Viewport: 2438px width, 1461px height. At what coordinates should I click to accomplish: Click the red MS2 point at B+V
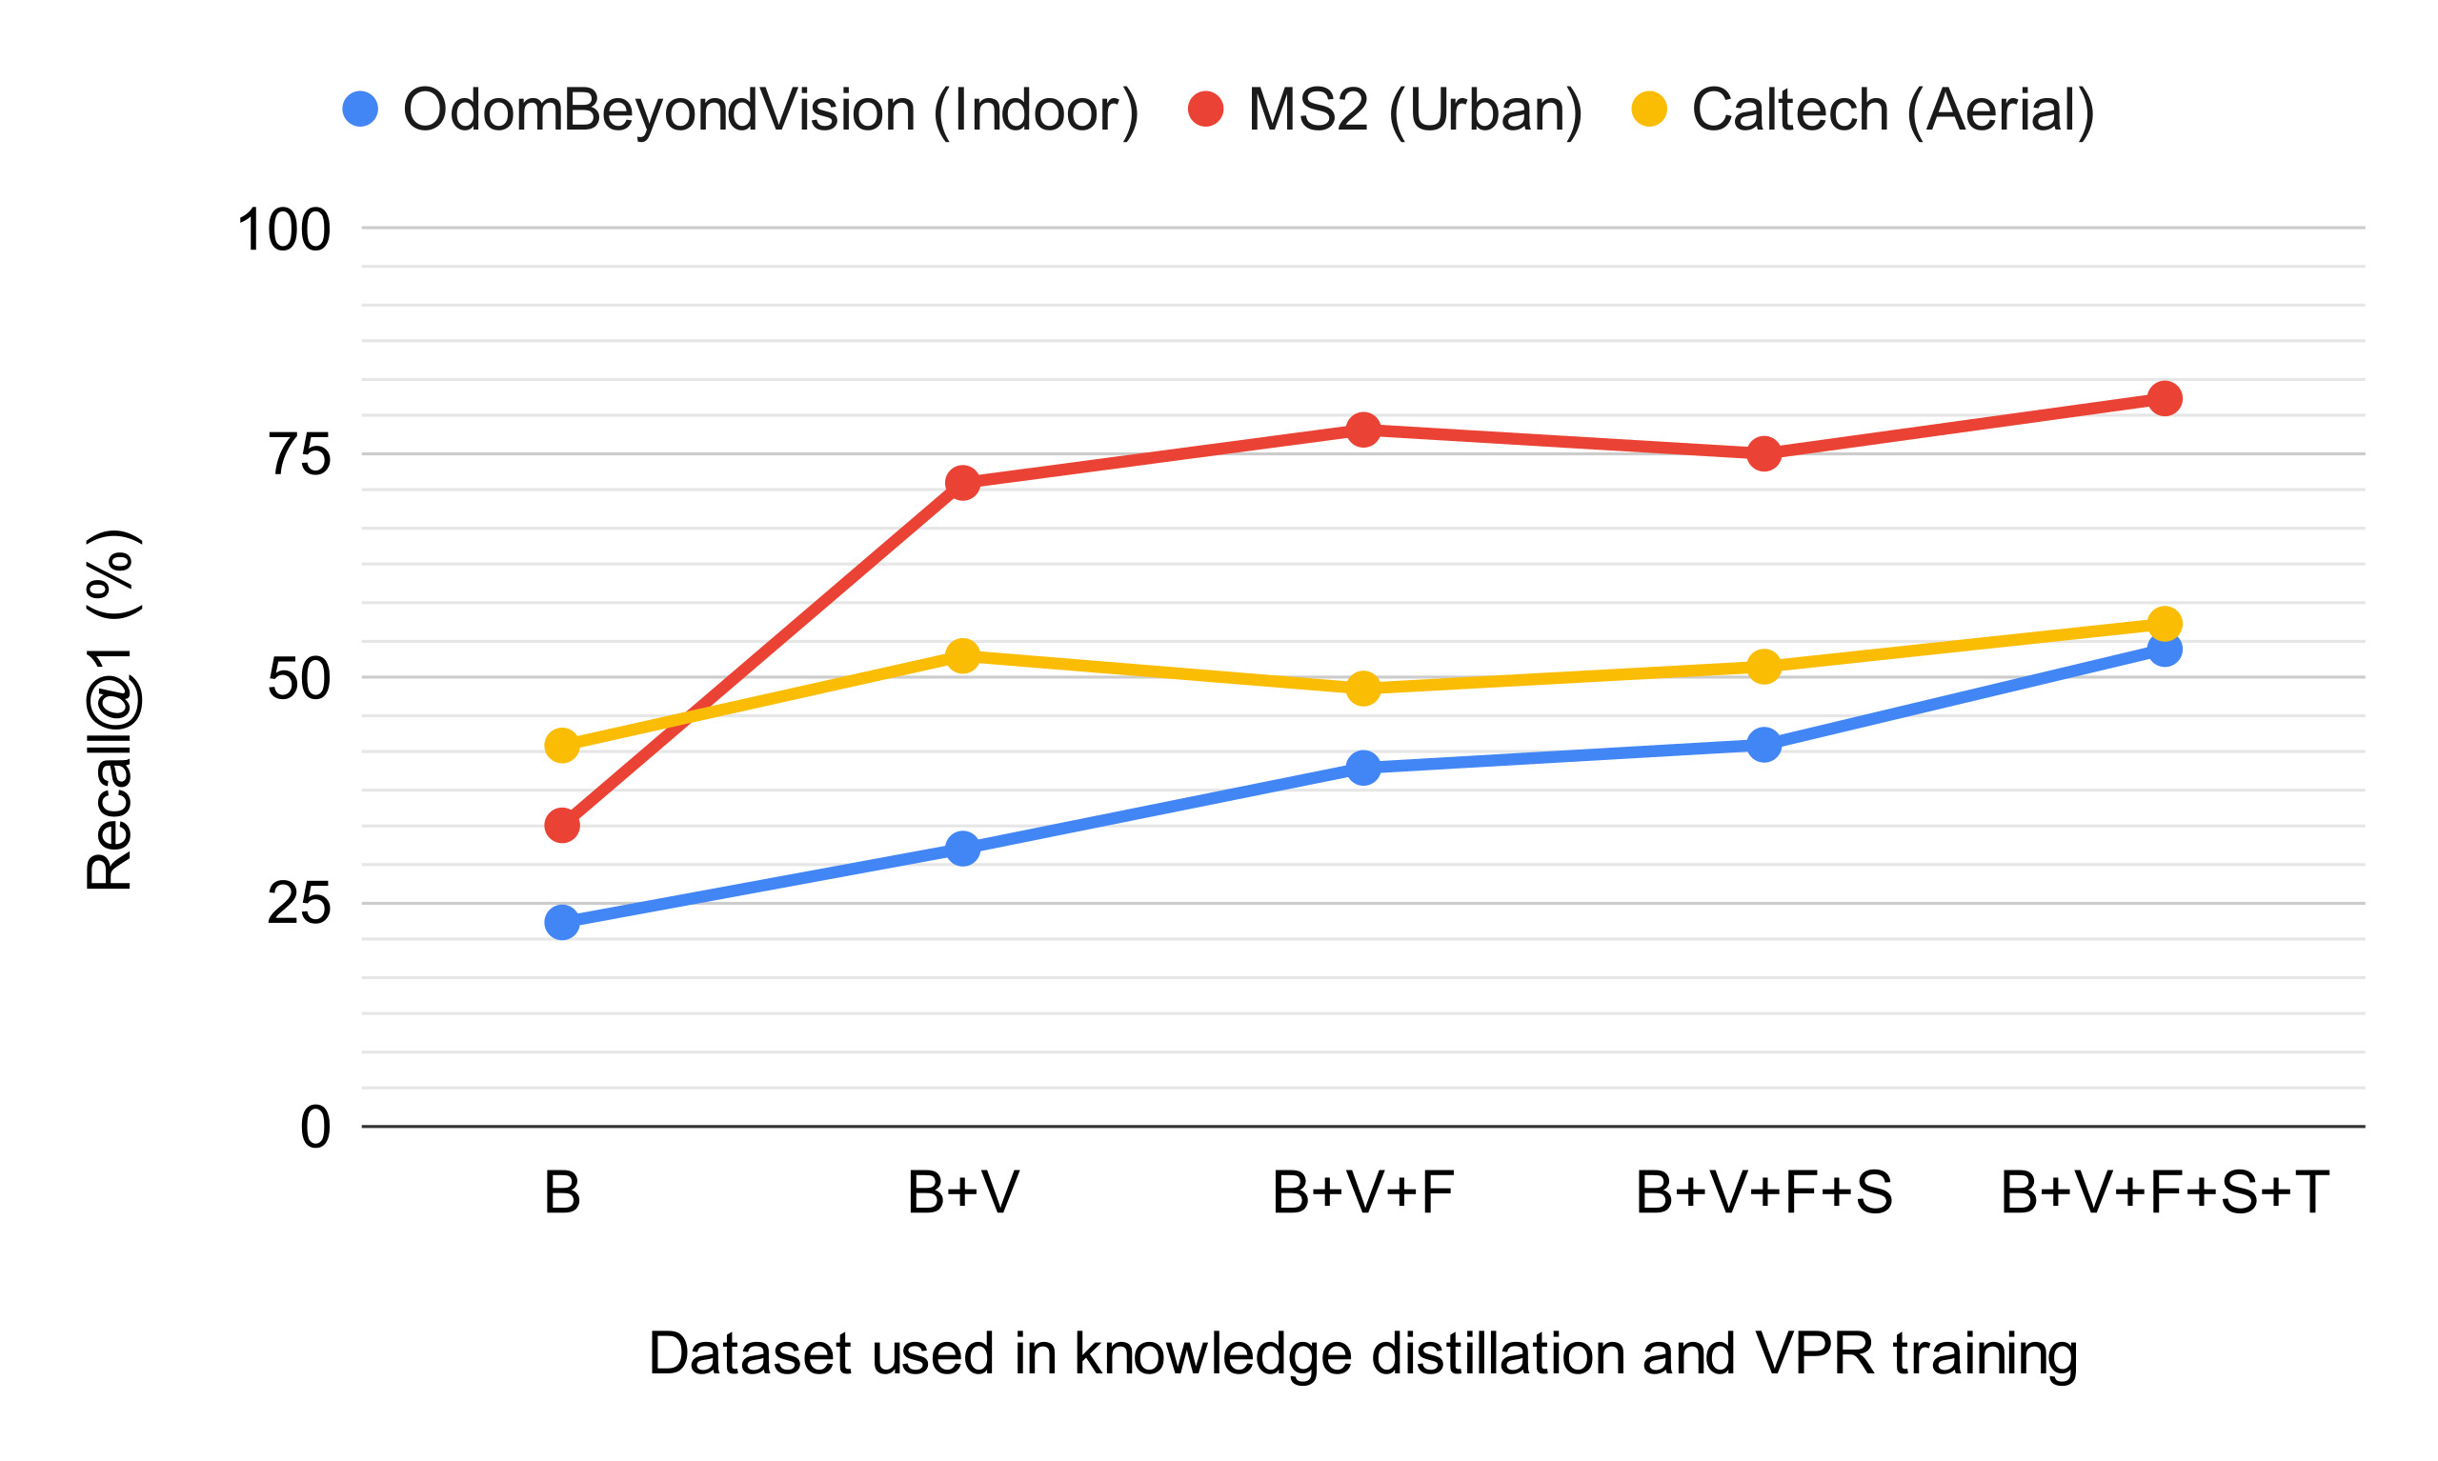[x=962, y=483]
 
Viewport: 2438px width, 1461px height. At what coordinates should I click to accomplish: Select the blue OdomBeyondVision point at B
[x=562, y=922]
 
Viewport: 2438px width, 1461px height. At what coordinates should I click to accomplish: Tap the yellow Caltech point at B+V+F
[x=1362, y=689]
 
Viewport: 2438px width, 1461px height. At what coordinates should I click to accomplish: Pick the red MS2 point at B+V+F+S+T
[x=2165, y=399]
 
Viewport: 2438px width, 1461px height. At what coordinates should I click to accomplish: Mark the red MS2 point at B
[x=562, y=825]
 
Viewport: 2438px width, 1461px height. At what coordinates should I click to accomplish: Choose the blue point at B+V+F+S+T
[x=2165, y=649]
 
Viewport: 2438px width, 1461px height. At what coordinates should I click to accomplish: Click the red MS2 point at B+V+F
[x=1362, y=430]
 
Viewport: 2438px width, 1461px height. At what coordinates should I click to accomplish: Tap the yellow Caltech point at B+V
[x=962, y=655]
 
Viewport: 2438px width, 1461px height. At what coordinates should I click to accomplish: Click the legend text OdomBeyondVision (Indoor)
[x=770, y=110]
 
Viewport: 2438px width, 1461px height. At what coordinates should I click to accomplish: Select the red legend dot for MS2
[x=1205, y=109]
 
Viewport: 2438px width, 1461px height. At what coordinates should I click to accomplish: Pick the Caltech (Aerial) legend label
[x=1892, y=110]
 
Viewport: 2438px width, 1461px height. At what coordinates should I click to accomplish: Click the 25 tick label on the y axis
[x=298, y=903]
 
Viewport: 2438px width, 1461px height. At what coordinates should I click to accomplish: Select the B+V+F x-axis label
[x=1362, y=1192]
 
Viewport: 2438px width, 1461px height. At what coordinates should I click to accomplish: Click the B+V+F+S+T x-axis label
[x=2165, y=1192]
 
